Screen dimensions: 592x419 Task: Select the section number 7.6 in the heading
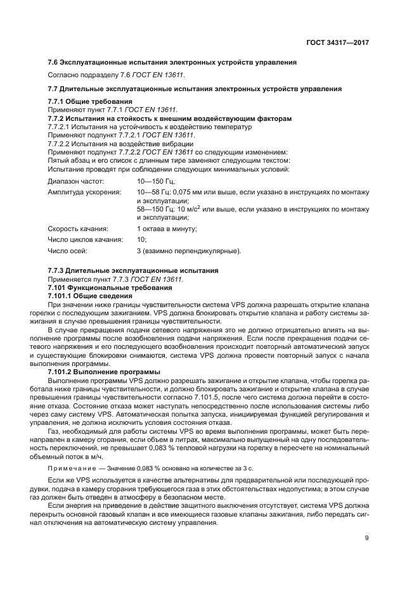54,62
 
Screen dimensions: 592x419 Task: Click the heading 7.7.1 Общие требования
90,101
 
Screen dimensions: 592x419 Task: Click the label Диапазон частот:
75,181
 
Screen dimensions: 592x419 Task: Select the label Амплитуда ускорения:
84,192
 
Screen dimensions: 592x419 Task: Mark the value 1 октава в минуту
167,228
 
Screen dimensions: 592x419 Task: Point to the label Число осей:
68,251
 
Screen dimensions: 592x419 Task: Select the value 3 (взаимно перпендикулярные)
189,251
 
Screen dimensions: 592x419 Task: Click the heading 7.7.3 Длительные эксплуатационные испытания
134,270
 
